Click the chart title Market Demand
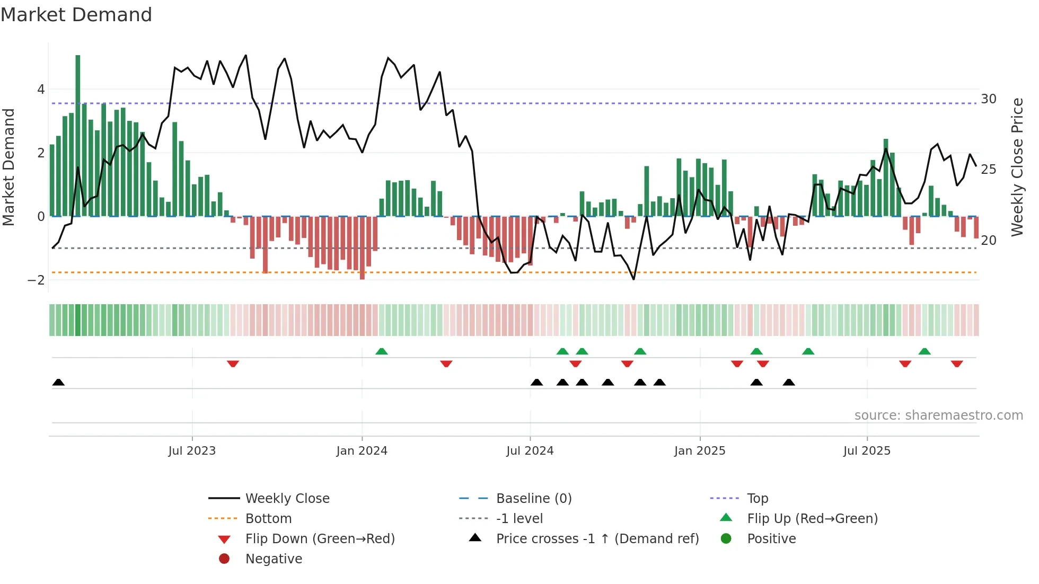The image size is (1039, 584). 76,15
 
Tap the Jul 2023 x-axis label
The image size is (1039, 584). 192,451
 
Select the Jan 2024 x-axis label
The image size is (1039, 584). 362,451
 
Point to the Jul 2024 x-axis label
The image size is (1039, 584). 530,451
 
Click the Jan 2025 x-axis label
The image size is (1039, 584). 699,451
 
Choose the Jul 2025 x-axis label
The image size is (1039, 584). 867,451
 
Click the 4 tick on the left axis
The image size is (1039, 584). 41,90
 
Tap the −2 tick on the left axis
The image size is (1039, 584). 36,280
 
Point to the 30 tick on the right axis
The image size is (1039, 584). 988,99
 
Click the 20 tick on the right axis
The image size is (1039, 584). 988,241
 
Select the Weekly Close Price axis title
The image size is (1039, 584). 1017,167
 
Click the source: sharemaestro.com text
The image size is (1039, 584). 938,415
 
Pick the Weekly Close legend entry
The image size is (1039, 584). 287,499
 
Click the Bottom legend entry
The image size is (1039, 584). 268,519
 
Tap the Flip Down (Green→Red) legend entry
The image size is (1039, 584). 320,539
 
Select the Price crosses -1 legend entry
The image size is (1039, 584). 597,539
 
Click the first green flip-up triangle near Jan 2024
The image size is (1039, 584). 382,351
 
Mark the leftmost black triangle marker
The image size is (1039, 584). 58,383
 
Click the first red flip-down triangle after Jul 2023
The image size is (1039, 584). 233,364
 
